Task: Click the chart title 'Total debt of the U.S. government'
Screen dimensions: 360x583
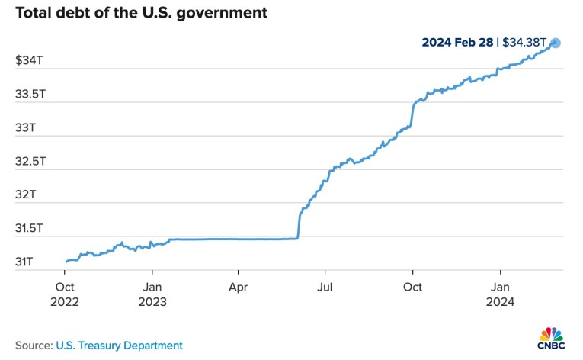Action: [141, 14]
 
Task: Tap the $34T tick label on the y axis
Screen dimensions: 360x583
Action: [29, 60]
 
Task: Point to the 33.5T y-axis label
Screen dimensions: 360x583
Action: [30, 94]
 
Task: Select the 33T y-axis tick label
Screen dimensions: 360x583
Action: [25, 127]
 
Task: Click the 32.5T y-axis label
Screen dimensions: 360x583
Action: [30, 161]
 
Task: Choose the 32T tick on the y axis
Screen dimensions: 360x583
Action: [25, 194]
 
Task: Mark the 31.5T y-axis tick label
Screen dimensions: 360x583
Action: [30, 228]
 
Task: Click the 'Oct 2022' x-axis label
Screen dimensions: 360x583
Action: [65, 294]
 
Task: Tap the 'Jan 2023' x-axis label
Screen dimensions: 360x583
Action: [152, 294]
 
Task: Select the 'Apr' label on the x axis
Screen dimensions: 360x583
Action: [239, 287]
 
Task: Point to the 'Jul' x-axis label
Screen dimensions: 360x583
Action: [325, 287]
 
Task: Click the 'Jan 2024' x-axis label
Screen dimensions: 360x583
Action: [500, 294]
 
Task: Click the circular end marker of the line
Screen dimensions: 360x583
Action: [556, 43]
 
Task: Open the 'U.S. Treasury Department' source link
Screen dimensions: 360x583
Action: [120, 345]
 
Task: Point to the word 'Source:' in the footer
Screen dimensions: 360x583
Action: [34, 345]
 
